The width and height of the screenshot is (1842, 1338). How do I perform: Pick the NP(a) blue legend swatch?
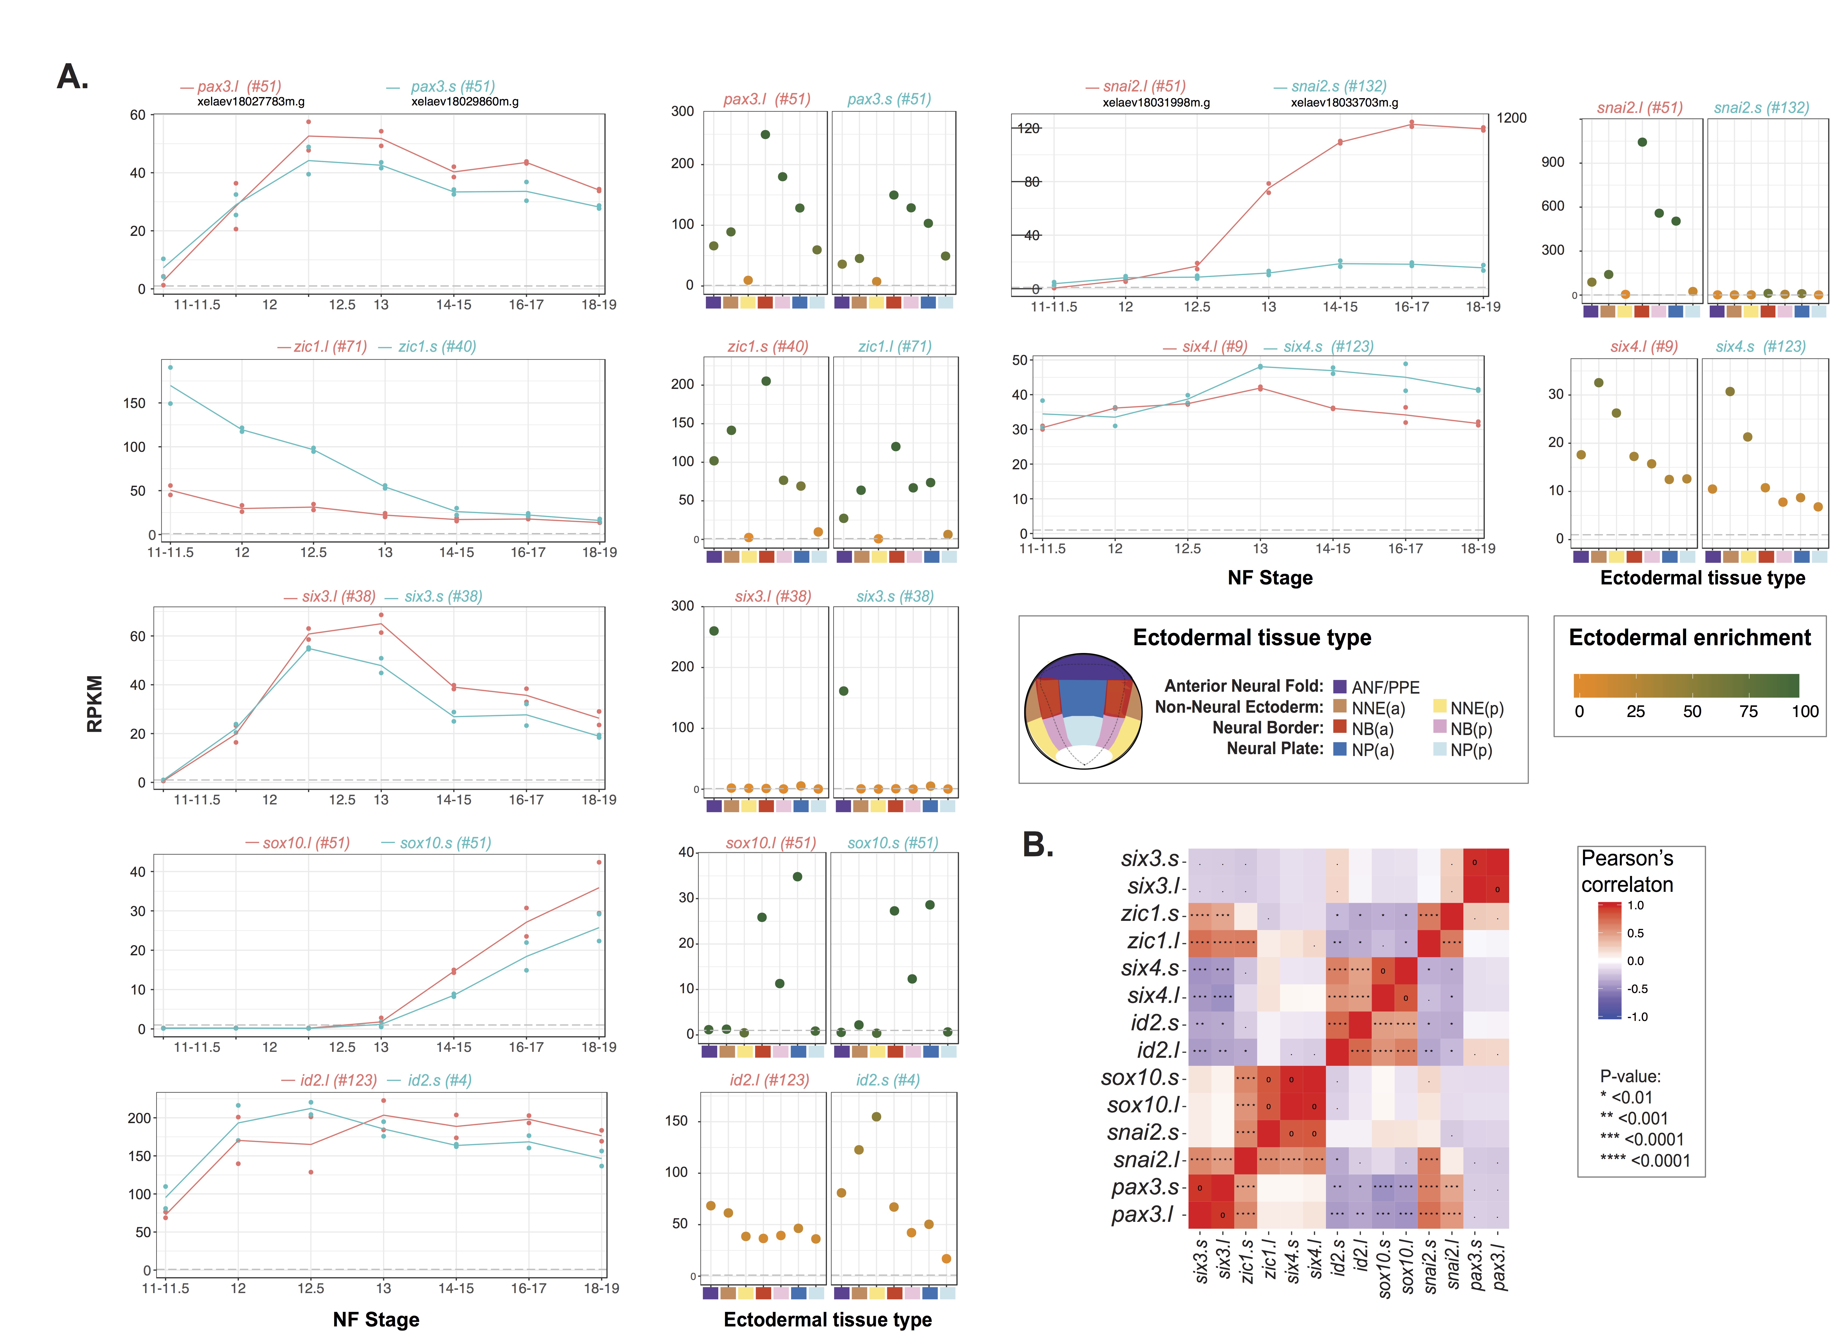coord(1340,749)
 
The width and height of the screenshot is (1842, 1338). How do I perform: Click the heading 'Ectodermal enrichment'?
coord(1689,638)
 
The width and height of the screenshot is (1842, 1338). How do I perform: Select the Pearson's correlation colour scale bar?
coord(1610,960)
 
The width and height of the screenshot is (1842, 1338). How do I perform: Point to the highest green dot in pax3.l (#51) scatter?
coord(765,135)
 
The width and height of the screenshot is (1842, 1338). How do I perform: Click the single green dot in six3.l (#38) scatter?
coord(714,631)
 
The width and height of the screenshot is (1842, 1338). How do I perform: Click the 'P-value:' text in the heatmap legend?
coord(1630,1076)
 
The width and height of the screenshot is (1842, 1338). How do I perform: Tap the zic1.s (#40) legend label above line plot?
coord(436,347)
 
